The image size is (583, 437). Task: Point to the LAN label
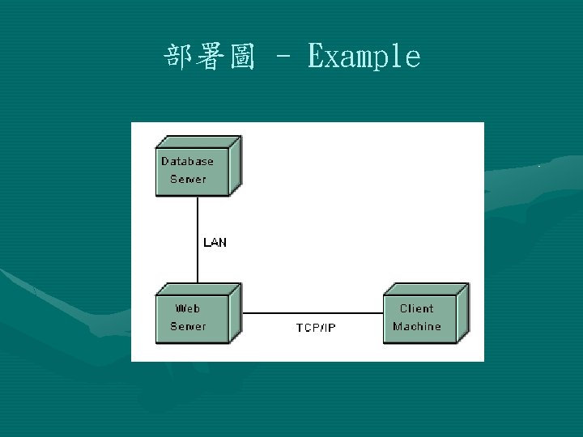[x=215, y=242]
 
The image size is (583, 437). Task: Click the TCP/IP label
[x=316, y=328]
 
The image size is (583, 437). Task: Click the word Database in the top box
[x=187, y=161]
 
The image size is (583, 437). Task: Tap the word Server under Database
[x=188, y=179]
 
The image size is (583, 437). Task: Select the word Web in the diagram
[x=188, y=308]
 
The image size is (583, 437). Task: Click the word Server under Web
[x=188, y=326]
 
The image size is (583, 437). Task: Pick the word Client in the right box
[x=416, y=308]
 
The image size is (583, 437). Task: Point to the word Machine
[x=417, y=326]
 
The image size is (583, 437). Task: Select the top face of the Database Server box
[x=199, y=141]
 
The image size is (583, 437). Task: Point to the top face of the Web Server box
[x=199, y=288]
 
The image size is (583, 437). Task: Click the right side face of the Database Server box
[x=236, y=166]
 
